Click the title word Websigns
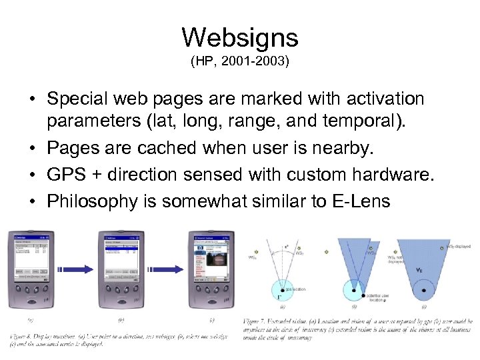coord(240,38)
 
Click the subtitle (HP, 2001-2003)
coord(240,62)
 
